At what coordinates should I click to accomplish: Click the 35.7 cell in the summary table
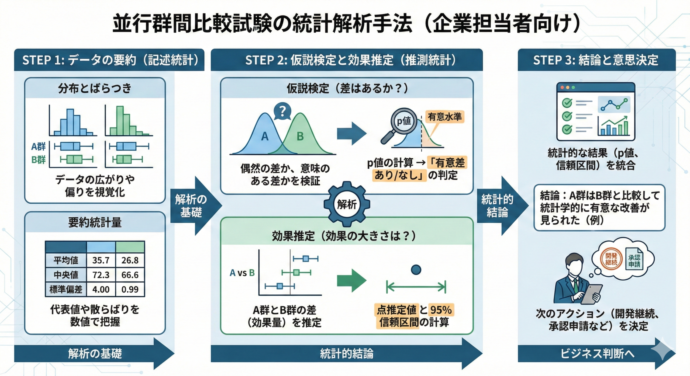tap(101, 260)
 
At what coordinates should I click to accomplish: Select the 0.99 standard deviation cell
tap(130, 289)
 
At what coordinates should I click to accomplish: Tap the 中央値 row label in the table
tap(66, 275)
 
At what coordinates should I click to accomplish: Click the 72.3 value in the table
tap(101, 275)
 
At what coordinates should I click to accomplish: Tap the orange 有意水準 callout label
tap(445, 117)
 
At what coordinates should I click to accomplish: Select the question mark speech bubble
tap(282, 111)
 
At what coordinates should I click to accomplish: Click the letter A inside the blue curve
tap(265, 137)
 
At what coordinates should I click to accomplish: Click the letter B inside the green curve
tap(300, 137)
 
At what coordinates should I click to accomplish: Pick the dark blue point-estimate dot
tap(416, 270)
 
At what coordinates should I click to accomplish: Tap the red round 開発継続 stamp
tap(611, 259)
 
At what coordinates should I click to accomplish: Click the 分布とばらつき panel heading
tap(95, 88)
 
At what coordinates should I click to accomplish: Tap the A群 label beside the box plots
tap(39, 147)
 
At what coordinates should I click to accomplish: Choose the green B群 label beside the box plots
tap(39, 160)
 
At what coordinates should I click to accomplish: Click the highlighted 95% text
tap(441, 310)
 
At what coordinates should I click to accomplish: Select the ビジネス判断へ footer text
tap(597, 354)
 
